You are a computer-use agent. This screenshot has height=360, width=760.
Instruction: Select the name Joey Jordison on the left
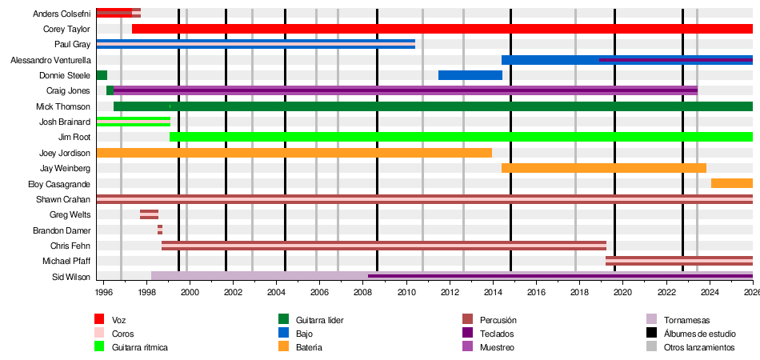tap(65, 153)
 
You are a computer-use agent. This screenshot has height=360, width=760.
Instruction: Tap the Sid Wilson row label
tap(72, 277)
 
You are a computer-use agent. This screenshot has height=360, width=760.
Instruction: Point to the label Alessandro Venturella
tap(50, 60)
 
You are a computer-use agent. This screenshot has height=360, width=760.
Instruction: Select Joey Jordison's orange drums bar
tap(294, 153)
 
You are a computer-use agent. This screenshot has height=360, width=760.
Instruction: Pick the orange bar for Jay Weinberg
tap(603, 168)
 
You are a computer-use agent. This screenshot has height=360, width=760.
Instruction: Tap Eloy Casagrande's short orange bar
tap(731, 183)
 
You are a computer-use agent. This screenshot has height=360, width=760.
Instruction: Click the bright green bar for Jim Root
tap(461, 137)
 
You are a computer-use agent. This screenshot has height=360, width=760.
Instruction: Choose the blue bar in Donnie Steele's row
tap(470, 75)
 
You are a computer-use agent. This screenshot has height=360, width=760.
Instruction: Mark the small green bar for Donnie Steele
tap(102, 75)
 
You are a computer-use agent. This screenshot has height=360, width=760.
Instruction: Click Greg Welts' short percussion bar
tap(149, 214)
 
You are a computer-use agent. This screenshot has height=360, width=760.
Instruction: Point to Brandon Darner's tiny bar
tap(160, 230)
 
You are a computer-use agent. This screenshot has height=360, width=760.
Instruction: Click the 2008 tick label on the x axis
tap(363, 294)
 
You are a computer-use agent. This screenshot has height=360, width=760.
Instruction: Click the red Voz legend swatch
tap(99, 320)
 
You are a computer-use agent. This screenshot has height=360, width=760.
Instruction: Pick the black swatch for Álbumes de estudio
tap(651, 334)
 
